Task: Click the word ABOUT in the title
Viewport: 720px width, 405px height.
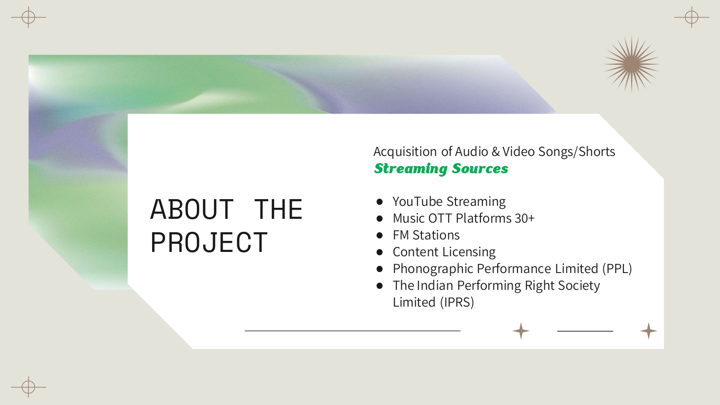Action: [192, 210]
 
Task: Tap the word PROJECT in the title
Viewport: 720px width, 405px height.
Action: [209, 243]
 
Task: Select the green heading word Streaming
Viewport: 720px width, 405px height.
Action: [411, 169]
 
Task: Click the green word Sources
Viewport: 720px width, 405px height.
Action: [480, 168]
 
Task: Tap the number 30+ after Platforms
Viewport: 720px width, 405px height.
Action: [524, 218]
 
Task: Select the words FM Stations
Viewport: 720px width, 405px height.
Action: [426, 235]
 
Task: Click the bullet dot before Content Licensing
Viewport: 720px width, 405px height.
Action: [379, 252]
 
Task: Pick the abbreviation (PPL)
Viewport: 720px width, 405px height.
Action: [617, 269]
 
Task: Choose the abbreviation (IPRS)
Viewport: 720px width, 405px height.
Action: [457, 302]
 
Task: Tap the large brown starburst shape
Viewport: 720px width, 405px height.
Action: [632, 64]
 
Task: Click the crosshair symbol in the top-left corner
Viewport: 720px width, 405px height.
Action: [28, 17]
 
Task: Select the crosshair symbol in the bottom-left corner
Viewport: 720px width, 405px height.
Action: [28, 387]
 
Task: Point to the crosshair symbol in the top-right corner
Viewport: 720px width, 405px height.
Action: [691, 17]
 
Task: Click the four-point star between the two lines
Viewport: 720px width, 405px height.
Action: [521, 331]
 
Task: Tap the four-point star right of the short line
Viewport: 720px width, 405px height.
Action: [648, 331]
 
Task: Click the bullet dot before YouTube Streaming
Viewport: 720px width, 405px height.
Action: [379, 202]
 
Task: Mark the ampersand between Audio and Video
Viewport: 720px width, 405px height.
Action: [495, 152]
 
